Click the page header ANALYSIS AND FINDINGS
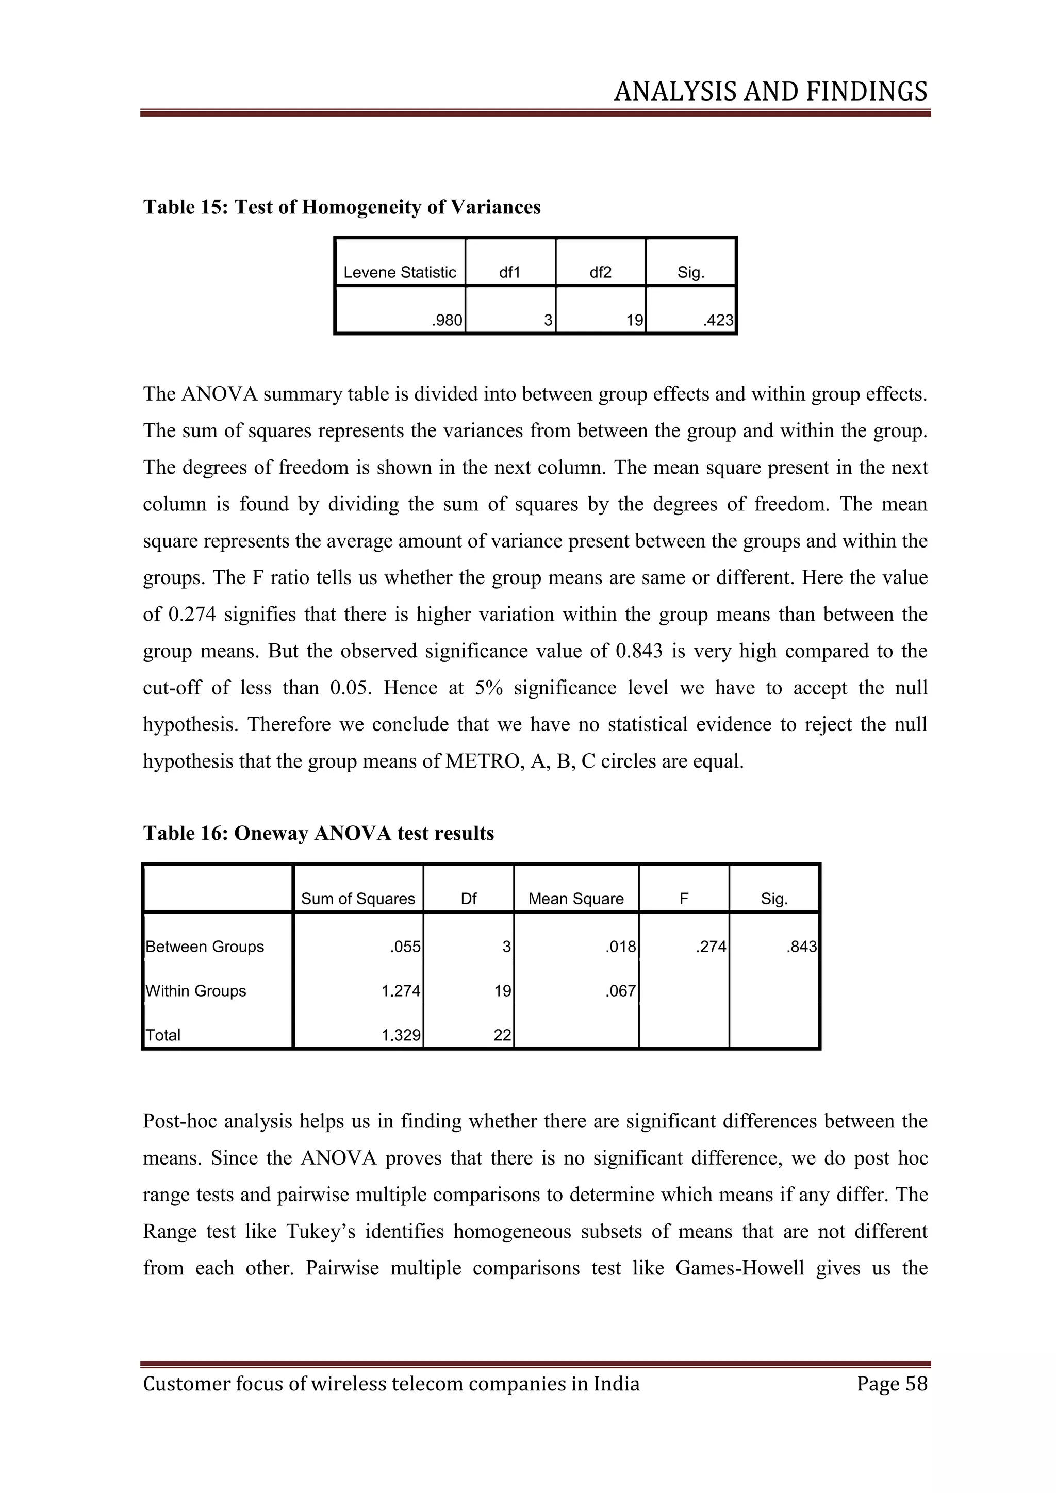(x=770, y=92)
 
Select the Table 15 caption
(x=341, y=207)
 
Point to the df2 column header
(x=600, y=272)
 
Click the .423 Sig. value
(x=718, y=321)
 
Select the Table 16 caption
(x=318, y=833)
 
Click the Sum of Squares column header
(x=358, y=899)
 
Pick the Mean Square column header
(x=575, y=899)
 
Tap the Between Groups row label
(x=205, y=947)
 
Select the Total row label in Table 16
(x=163, y=1035)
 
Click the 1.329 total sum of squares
(x=401, y=1035)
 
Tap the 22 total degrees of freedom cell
(x=502, y=1035)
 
